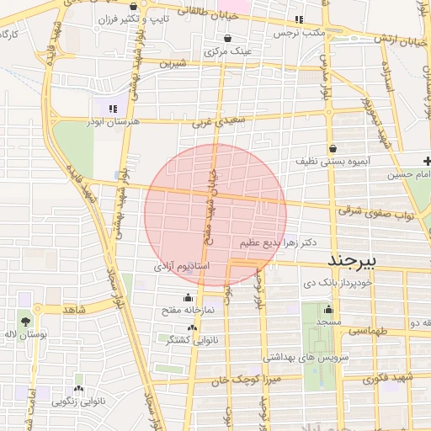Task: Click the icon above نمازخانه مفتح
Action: pos(187,297)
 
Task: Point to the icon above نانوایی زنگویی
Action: pos(78,389)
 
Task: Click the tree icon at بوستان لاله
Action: pos(25,321)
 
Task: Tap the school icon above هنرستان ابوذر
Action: pos(112,108)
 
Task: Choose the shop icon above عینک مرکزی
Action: pos(229,38)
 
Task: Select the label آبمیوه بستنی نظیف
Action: pos(332,159)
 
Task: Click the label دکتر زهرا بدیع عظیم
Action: pos(278,242)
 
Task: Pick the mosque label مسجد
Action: pos(328,322)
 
